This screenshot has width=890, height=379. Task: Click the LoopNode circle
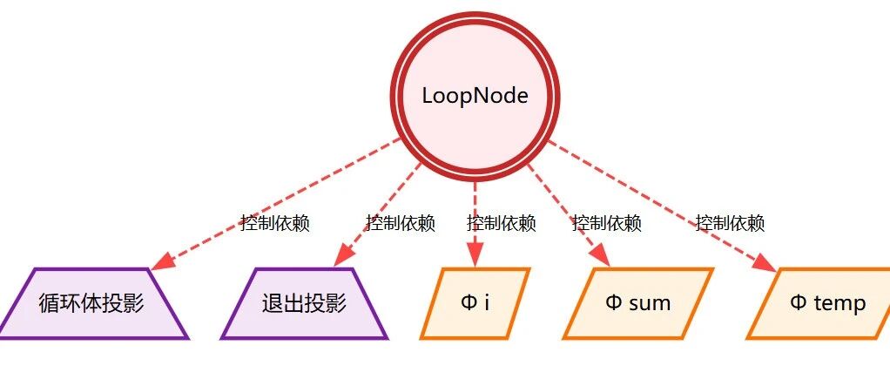[475, 95]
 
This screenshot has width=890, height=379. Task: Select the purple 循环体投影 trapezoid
[92, 303]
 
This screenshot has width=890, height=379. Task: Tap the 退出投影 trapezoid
[304, 303]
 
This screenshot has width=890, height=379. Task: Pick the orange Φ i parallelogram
[475, 303]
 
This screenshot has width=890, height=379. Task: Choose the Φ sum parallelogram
[638, 303]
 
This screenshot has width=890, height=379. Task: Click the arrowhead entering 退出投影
[342, 256]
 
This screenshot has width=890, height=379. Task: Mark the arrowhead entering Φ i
[475, 255]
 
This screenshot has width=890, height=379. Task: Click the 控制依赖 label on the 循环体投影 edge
[274, 223]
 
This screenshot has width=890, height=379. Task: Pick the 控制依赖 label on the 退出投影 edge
[401, 223]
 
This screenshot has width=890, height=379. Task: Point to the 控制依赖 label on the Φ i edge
[502, 223]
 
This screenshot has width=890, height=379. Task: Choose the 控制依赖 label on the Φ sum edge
[607, 223]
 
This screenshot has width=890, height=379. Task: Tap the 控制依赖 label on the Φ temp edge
[730, 223]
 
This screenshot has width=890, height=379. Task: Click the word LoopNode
[475, 96]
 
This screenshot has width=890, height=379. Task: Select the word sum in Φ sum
[650, 304]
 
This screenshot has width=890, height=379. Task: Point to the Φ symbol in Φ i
[469, 303]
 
